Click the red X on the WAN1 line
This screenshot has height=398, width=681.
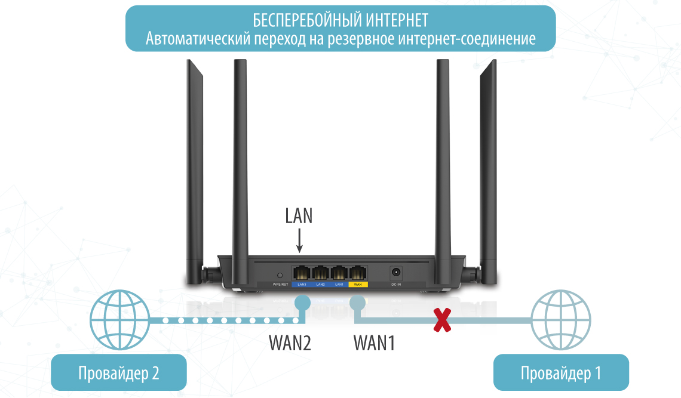pos(441,321)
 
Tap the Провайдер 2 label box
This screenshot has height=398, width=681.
pos(119,374)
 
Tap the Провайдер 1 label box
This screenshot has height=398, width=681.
pos(561,374)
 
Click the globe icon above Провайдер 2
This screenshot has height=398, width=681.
pos(119,320)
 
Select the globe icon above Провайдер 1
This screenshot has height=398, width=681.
pos(561,320)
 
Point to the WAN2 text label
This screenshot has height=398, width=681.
pos(290,343)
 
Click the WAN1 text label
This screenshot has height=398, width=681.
pos(375,343)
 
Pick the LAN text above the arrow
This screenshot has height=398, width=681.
pos(299,215)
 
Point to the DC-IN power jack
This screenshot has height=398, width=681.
pos(395,273)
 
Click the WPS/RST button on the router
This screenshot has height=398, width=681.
pos(281,275)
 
